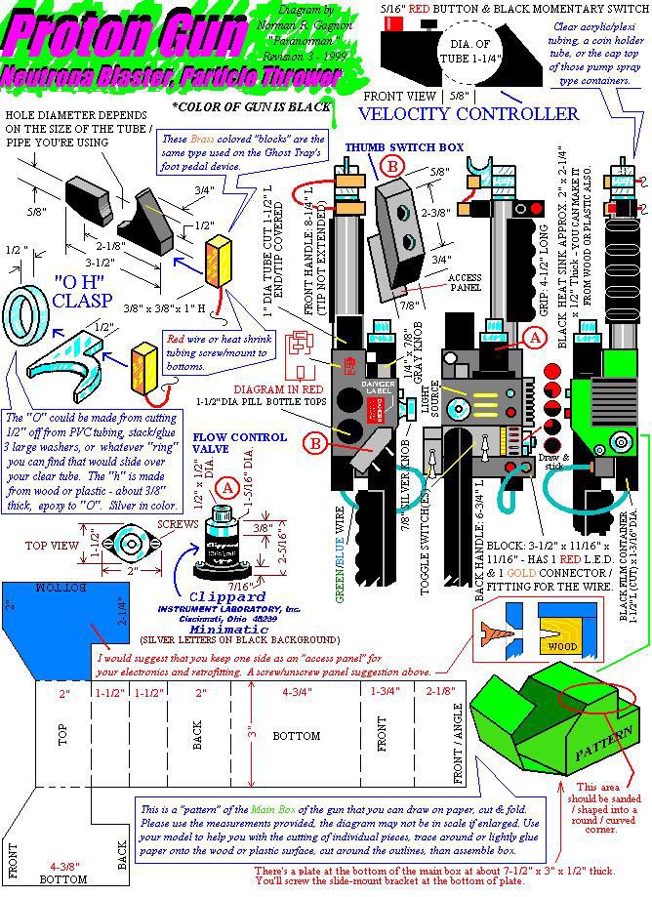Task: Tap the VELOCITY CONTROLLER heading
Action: point(469,114)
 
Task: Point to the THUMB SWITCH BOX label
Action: point(389,145)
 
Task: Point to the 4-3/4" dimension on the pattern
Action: point(295,692)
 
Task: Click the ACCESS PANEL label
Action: point(466,281)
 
